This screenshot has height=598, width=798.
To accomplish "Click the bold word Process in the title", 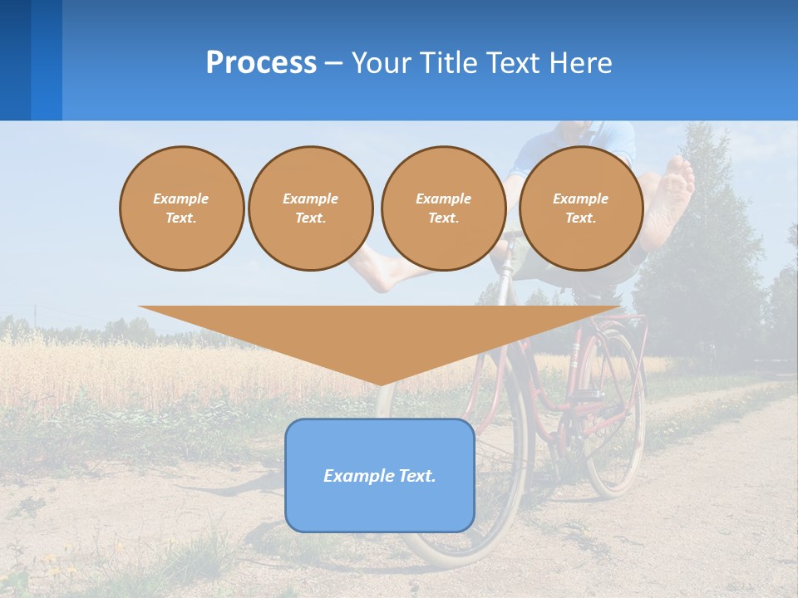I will click(x=261, y=63).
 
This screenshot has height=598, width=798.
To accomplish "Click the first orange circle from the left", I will click(x=181, y=208).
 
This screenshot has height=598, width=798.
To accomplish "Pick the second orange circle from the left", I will click(x=311, y=208).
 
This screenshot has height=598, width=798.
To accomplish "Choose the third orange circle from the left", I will click(x=443, y=208).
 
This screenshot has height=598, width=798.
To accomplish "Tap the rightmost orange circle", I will click(x=581, y=208).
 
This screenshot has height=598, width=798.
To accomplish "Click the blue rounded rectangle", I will click(x=380, y=507).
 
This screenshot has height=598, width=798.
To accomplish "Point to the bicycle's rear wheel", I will click(x=615, y=415).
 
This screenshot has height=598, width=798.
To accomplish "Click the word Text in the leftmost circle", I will click(x=181, y=218).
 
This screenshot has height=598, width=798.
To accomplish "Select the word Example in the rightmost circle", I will click(x=581, y=199).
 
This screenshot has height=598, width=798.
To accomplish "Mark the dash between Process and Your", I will click(x=334, y=63).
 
